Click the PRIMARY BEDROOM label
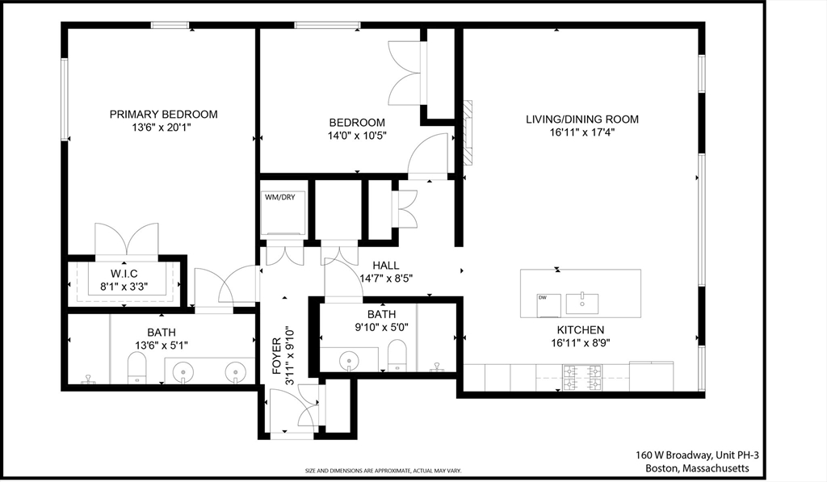click(x=163, y=115)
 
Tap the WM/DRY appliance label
click(x=280, y=197)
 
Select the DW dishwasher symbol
click(x=548, y=305)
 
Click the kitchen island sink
click(x=582, y=304)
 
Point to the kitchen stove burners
click(x=582, y=378)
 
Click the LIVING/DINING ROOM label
click(x=582, y=119)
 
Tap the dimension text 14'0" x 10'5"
click(x=357, y=136)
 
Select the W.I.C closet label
click(x=124, y=274)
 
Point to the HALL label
click(x=385, y=266)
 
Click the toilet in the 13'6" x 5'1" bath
click(x=137, y=367)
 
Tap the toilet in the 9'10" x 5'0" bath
click(x=397, y=355)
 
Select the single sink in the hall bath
click(x=349, y=361)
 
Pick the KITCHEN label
click(x=581, y=330)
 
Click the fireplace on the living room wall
click(x=468, y=133)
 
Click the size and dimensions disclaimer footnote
click(x=384, y=471)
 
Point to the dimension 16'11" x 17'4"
click(x=582, y=132)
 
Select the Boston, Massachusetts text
click(x=697, y=468)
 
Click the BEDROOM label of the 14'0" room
click(x=357, y=123)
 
